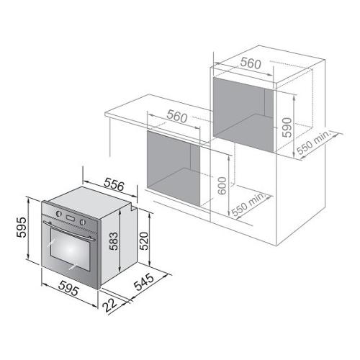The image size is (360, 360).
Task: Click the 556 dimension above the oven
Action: [114, 185]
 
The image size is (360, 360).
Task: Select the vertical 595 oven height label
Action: [22, 227]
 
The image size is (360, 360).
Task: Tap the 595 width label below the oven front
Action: [68, 288]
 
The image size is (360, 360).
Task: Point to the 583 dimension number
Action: [114, 241]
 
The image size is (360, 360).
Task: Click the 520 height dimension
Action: [144, 241]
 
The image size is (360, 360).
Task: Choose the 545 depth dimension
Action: [144, 282]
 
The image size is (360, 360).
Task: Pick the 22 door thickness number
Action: [110, 305]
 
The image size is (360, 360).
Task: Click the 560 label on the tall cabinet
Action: [251, 63]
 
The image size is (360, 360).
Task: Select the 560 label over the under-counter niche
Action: [177, 116]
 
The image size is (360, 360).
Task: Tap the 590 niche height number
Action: [287, 127]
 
